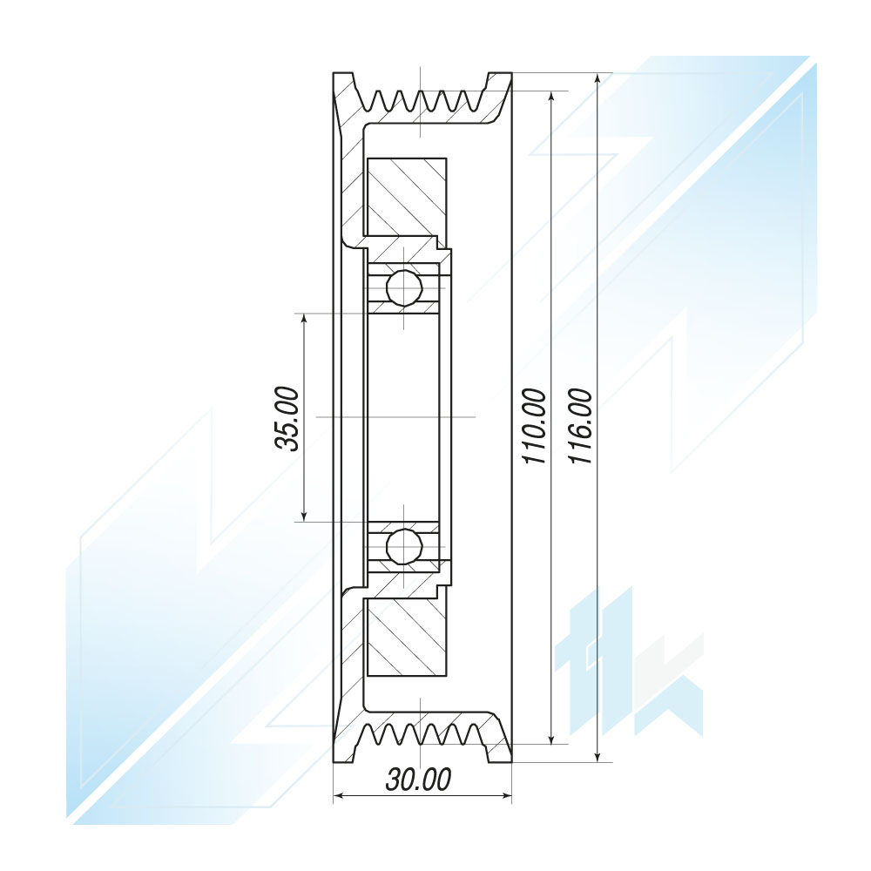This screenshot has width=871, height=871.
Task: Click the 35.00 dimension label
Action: tap(287, 418)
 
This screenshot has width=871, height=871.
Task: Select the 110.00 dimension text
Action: tap(535, 426)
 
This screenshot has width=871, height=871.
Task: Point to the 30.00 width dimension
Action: tap(418, 780)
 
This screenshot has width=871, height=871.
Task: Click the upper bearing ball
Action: tap(404, 287)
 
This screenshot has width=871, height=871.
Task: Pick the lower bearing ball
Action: tap(404, 547)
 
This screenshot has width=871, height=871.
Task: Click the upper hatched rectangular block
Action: tap(407, 197)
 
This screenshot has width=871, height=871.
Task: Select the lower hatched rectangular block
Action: tap(407, 638)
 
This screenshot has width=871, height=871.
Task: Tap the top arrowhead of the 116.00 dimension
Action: tap(598, 79)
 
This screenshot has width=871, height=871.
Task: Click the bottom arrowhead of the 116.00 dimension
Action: tap(598, 755)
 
